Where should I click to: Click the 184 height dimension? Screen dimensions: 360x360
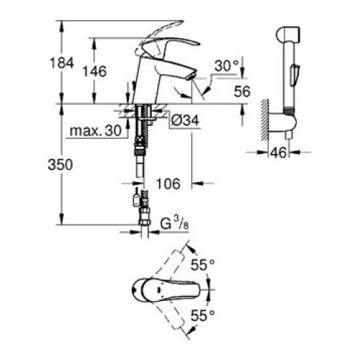click(62, 63)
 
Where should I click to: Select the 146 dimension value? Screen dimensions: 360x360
click(94, 71)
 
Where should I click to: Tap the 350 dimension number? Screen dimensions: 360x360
click(60, 165)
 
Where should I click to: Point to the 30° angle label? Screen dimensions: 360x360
click(226, 66)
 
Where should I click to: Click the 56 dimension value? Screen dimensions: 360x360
click(242, 91)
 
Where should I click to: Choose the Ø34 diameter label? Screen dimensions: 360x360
click(185, 120)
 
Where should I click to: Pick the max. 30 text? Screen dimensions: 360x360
click(96, 131)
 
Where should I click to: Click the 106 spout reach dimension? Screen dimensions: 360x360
click(168, 184)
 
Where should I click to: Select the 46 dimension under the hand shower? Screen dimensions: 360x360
click(279, 152)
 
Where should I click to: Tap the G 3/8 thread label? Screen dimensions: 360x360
click(174, 224)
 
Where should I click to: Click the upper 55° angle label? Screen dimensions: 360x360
click(202, 265)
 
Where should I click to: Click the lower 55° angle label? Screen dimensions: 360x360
click(202, 315)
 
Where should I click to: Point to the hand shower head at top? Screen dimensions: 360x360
click(288, 35)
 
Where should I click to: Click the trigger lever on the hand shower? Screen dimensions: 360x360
click(294, 75)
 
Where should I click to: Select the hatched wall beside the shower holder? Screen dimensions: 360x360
click(264, 120)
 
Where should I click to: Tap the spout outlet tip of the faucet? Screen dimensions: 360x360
click(190, 76)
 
